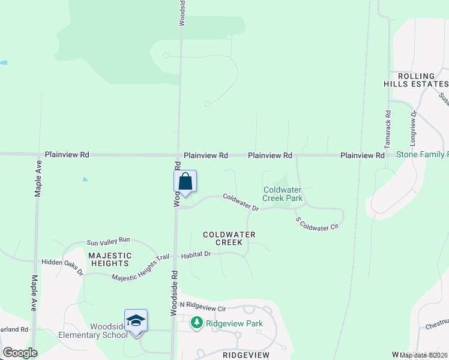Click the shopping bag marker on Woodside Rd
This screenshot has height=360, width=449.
point(185,182)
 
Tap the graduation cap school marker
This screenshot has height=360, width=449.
point(136,321)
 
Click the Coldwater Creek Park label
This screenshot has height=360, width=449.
point(283,194)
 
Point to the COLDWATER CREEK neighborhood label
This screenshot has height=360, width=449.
point(229,238)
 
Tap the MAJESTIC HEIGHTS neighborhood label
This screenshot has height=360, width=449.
point(109,259)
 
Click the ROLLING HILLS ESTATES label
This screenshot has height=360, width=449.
point(416,80)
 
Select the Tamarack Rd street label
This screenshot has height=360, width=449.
point(388,130)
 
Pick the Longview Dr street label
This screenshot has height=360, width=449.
point(413,130)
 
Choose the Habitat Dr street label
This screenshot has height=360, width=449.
point(199,254)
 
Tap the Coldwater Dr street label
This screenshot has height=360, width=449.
point(241,202)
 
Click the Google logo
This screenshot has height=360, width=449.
point(20,353)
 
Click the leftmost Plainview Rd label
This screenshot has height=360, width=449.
point(67,155)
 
